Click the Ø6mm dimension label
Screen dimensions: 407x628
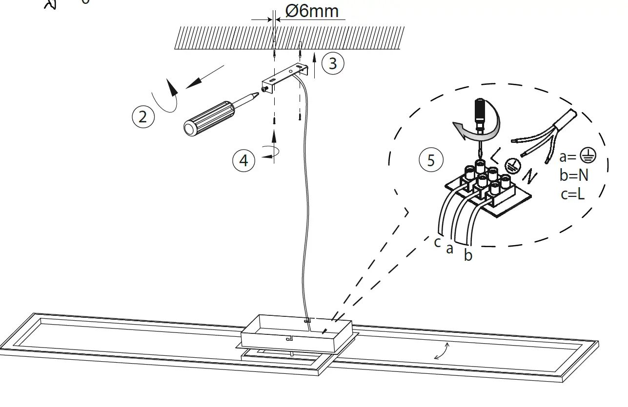(x=312, y=11)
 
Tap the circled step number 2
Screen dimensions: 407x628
(x=142, y=117)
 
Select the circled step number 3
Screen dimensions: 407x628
(x=332, y=63)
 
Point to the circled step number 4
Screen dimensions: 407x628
(x=244, y=160)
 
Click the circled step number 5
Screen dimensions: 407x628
(x=431, y=160)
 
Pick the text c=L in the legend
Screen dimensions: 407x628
(x=572, y=194)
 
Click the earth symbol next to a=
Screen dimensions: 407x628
(x=588, y=156)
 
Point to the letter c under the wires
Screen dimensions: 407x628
(x=438, y=241)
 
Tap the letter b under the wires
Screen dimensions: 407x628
(x=468, y=255)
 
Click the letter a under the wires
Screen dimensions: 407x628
(x=450, y=249)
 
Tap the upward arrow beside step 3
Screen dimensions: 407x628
(x=315, y=66)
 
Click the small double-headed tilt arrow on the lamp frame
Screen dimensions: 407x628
(x=442, y=351)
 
